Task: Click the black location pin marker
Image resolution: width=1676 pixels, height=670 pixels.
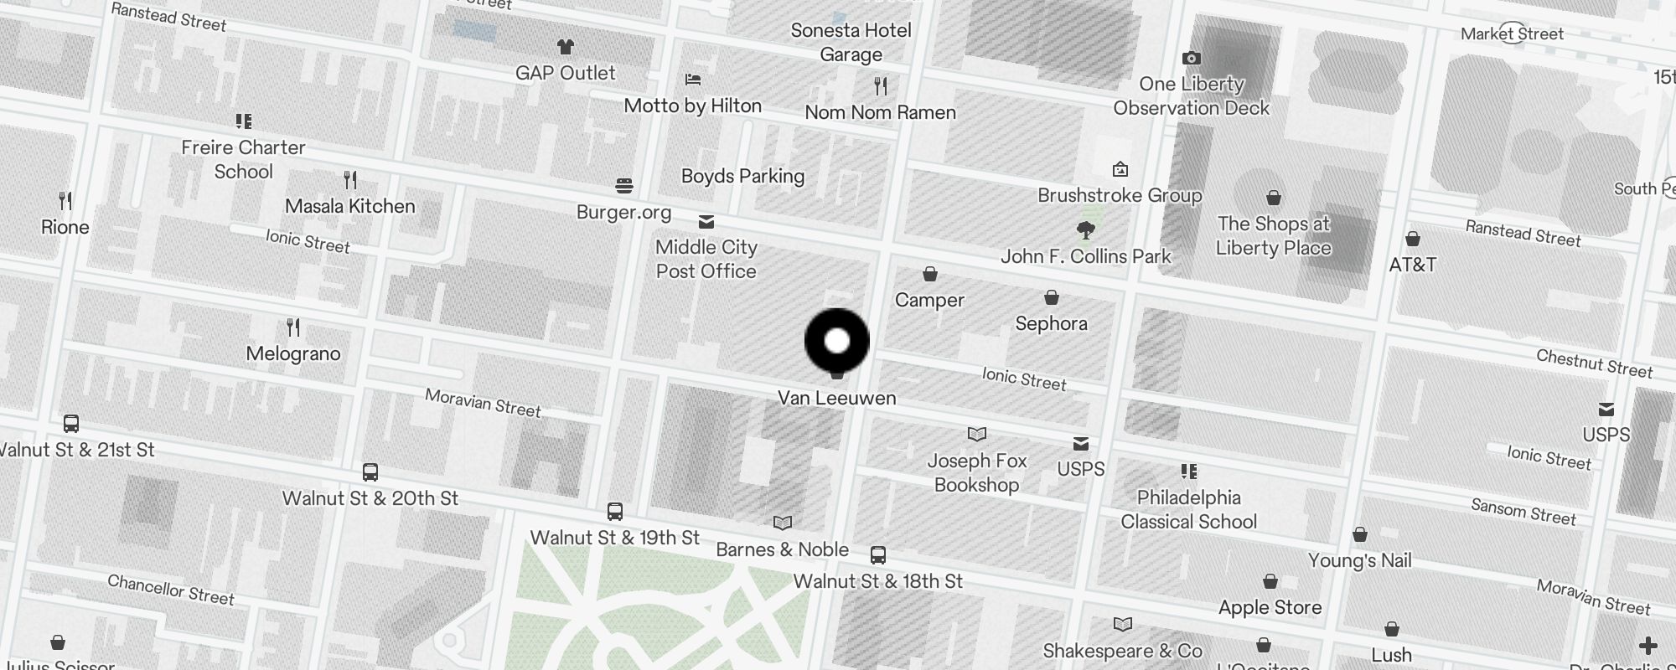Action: coord(836,340)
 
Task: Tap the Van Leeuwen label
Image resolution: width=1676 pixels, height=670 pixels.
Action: coord(836,398)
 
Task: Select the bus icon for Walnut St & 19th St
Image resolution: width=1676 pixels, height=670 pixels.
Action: coord(614,512)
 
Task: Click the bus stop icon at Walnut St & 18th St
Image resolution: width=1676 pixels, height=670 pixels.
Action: coord(877,555)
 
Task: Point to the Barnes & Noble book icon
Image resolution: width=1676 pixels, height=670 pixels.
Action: coord(782,523)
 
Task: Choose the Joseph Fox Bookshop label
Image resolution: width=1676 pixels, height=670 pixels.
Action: coord(976,472)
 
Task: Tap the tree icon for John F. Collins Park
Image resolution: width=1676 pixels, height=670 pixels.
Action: coord(1086,229)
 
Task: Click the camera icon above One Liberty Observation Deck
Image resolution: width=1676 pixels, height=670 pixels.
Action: coord(1191,58)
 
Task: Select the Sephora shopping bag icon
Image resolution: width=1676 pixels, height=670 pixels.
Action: coord(1051,297)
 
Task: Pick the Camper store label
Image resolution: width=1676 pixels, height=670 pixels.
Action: coord(929,300)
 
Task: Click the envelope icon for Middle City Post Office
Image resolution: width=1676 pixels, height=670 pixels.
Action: coord(706,222)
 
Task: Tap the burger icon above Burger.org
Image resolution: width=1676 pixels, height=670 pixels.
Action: coord(623,185)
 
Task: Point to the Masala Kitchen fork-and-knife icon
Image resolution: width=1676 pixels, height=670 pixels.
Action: coord(350,179)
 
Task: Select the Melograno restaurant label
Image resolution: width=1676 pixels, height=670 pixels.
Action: coord(293,353)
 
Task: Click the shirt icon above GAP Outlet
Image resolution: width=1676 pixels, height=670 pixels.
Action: coord(566,47)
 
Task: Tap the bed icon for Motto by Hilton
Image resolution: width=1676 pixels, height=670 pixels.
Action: coord(692,80)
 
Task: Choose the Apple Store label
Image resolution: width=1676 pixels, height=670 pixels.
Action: coord(1270,607)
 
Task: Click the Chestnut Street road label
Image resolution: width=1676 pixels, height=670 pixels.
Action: coord(1594,363)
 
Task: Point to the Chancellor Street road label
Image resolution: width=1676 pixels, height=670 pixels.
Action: coord(171,590)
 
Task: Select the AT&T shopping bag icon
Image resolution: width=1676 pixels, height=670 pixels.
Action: coord(1412,240)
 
